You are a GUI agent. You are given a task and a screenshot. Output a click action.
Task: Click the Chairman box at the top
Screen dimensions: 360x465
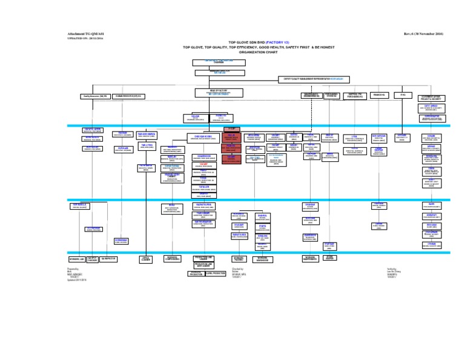(x=219, y=61)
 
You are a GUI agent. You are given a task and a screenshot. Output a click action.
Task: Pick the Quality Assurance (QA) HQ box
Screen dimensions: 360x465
(x=93, y=96)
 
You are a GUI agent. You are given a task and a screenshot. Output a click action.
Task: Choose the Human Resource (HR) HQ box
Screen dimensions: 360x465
(x=128, y=96)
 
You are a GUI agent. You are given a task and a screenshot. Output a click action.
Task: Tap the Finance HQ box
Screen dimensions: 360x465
(x=380, y=95)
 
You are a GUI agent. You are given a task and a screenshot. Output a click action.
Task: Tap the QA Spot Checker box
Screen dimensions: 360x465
(x=93, y=259)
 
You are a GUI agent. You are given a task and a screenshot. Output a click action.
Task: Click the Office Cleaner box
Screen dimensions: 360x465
(x=146, y=259)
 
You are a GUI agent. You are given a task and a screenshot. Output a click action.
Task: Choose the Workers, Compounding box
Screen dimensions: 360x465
(x=173, y=259)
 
